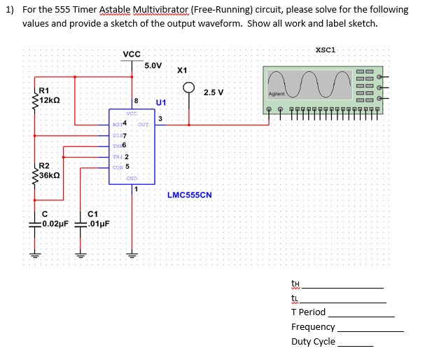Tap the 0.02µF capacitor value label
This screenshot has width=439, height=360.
pyautogui.click(x=55, y=224)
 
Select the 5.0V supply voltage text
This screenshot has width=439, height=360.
pyautogui.click(x=153, y=66)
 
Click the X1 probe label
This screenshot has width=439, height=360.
pyautogui.click(x=182, y=71)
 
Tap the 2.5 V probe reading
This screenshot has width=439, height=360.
pyautogui.click(x=214, y=92)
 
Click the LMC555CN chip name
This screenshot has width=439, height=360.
pyautogui.click(x=189, y=195)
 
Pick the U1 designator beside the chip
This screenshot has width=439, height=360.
pyautogui.click(x=160, y=102)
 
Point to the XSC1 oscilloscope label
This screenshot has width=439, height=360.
pyautogui.click(x=326, y=50)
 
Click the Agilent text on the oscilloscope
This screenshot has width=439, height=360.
pyautogui.click(x=276, y=94)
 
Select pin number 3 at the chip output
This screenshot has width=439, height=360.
pyautogui.click(x=160, y=118)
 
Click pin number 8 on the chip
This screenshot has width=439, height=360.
pyautogui.click(x=136, y=102)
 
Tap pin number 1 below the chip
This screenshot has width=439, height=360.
pyautogui.click(x=136, y=188)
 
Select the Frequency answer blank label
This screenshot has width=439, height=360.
pyautogui.click(x=313, y=327)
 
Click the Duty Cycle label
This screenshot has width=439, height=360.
pyautogui.click(x=313, y=342)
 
